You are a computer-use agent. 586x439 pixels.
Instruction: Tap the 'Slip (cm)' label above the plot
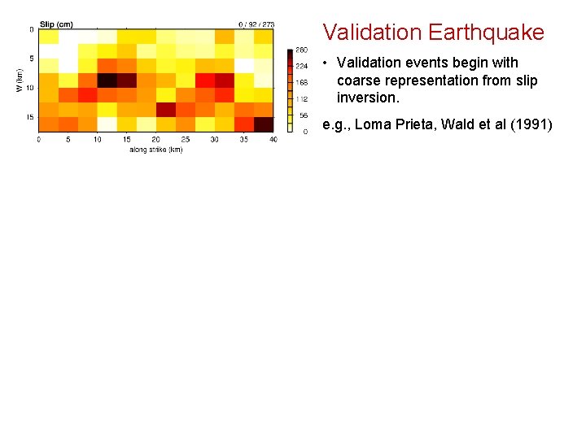coord(56,24)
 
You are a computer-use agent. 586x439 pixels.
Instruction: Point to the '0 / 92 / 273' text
coord(256,24)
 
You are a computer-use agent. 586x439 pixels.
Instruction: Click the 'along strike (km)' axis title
coord(155,149)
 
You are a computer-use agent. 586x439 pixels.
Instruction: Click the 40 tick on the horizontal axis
coord(273,140)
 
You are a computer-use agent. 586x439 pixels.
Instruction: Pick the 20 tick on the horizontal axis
coord(155,140)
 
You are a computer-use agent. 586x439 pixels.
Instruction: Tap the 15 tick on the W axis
coord(29,117)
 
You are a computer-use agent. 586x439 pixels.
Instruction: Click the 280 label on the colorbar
coord(301,50)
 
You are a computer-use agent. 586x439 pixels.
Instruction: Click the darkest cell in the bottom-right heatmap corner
coord(264,124)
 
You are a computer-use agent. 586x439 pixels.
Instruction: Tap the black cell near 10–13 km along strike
coord(107,80)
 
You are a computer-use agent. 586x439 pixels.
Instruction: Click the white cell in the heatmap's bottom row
coord(107,124)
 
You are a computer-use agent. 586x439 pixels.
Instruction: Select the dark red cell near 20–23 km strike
coord(166,110)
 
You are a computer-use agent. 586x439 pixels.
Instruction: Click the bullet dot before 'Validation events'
coord(325,63)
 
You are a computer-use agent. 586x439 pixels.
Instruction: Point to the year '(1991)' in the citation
coord(532,124)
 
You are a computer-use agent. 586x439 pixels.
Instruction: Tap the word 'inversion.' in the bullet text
coord(368,98)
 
